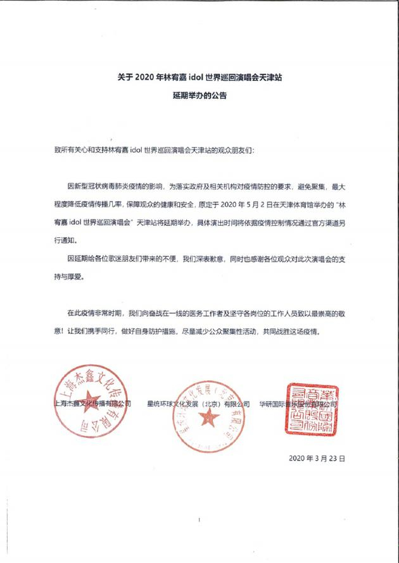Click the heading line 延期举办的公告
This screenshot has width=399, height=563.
click(x=199, y=97)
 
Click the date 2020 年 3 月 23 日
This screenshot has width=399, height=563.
click(x=317, y=457)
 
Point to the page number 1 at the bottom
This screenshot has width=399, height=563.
click(x=199, y=519)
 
